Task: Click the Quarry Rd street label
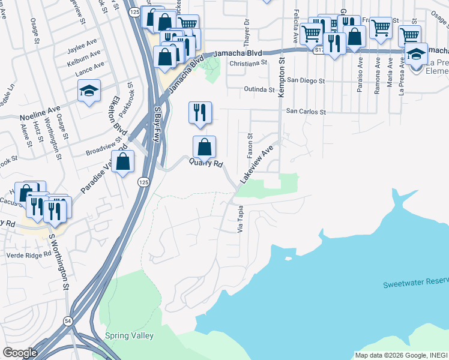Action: pos(206,163)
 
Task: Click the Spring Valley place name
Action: pos(129,336)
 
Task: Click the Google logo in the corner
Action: pos(20,353)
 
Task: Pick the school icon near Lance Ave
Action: pos(89,91)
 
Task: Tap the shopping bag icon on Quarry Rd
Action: pos(204,146)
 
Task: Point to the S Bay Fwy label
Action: pos(158,123)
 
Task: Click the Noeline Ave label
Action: pos(40,112)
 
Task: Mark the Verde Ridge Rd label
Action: pos(26,254)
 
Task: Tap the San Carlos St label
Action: pos(305,112)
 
